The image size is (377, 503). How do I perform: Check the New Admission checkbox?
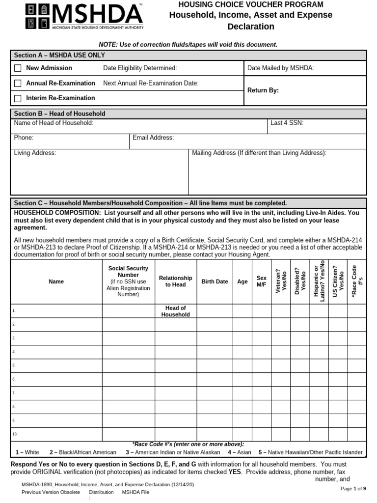pos(18,68)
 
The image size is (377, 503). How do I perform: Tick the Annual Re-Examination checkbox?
pos(18,84)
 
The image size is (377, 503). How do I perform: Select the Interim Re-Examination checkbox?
pos(18,98)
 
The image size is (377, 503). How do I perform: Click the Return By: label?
pos(263,90)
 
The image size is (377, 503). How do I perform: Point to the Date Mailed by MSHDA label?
pos(280,68)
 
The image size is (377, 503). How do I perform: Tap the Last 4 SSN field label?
pos(287,123)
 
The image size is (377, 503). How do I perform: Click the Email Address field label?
pos(153,138)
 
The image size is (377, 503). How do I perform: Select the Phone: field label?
pos(24,138)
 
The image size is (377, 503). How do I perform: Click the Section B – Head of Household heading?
pos(59,113)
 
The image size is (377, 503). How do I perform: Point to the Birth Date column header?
pos(215,282)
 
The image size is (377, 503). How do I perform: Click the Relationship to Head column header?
pos(175,281)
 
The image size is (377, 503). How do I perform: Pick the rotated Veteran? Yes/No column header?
pos(281,282)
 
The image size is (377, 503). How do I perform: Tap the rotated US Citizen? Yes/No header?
pos(338,282)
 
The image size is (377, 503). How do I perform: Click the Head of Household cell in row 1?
pos(175,311)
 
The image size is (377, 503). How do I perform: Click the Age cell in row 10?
pos(242,434)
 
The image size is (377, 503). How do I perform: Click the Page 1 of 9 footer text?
pos(353,489)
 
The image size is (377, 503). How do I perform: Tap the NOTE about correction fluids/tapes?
pos(188,45)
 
